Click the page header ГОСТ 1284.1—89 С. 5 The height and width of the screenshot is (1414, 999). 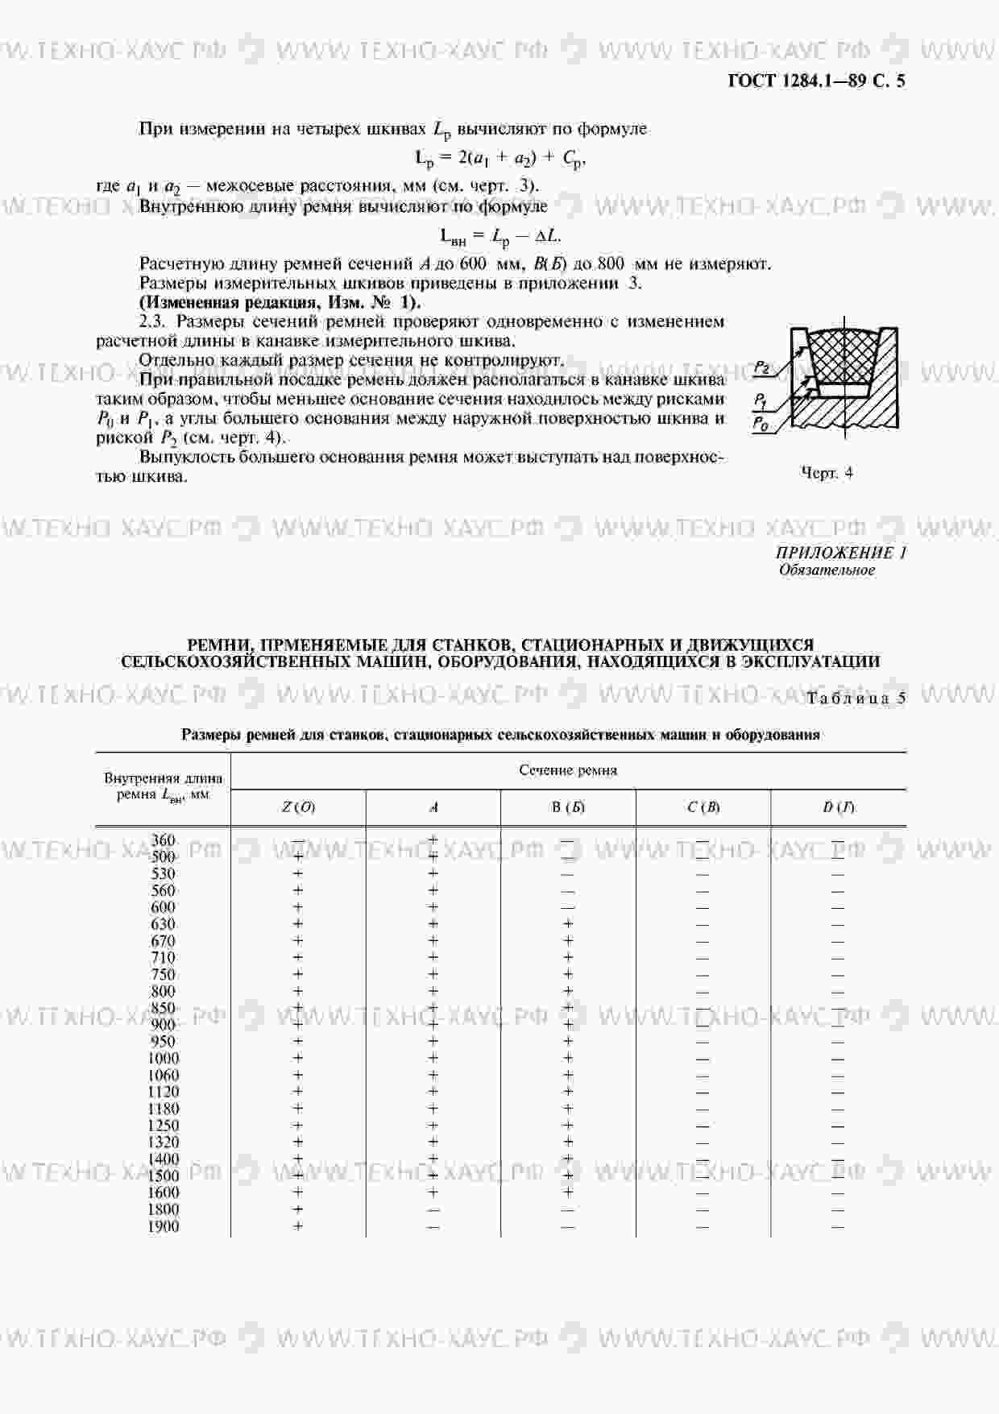(x=816, y=81)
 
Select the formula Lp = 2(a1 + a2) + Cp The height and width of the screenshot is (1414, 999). (x=499, y=159)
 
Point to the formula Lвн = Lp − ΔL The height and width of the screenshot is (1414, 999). (x=499, y=236)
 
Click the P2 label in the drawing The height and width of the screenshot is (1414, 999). (x=761, y=368)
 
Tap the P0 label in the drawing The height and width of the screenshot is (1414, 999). (x=760, y=422)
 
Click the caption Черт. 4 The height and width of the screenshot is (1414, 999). (x=827, y=473)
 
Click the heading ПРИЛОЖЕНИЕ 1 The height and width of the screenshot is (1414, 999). (x=841, y=553)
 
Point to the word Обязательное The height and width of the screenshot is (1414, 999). (x=827, y=570)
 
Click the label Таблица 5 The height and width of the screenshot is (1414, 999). (x=856, y=699)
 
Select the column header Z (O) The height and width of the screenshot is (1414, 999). (x=298, y=807)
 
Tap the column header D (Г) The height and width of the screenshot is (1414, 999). (x=838, y=807)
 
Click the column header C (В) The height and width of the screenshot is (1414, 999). (x=703, y=807)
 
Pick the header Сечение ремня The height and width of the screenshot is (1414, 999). (x=568, y=770)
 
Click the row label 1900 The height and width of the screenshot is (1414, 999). (x=164, y=1226)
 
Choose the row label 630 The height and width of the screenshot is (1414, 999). (x=164, y=924)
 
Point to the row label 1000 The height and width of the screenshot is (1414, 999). (x=164, y=1058)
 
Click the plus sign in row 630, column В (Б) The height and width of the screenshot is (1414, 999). (x=568, y=924)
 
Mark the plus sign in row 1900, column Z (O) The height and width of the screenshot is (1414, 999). (x=298, y=1226)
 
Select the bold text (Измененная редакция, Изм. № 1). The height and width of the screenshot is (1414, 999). (x=280, y=302)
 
